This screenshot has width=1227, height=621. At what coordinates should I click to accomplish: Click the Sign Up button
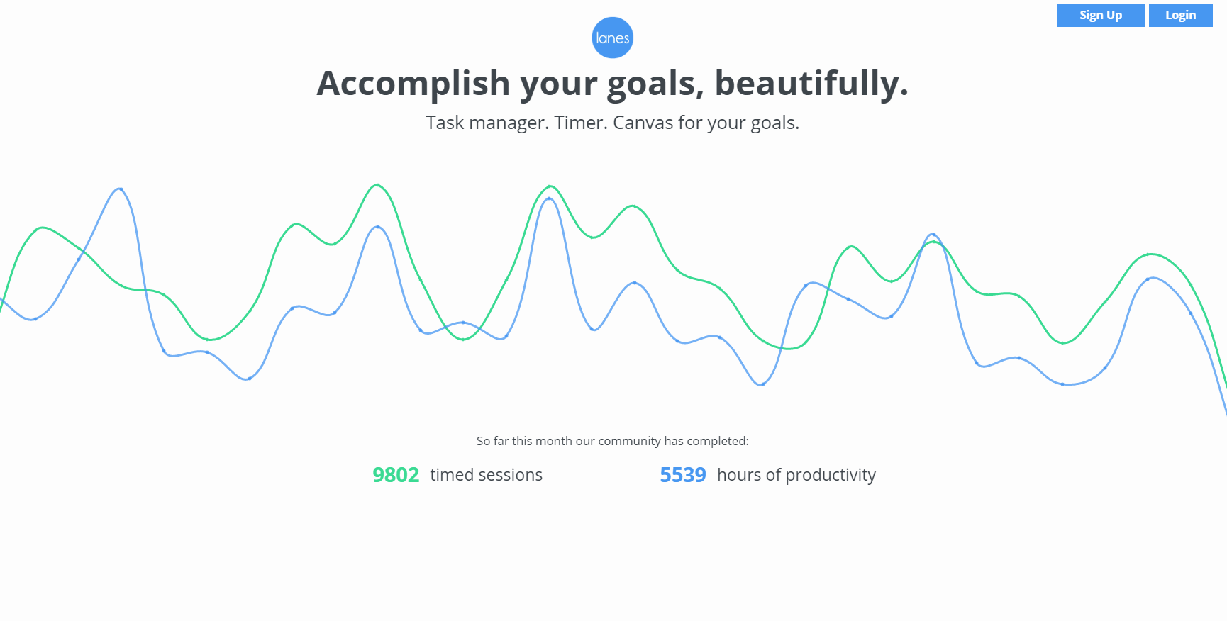point(1101,15)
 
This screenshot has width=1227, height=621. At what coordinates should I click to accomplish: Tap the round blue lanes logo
point(613,38)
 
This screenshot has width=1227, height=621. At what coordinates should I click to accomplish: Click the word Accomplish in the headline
point(413,84)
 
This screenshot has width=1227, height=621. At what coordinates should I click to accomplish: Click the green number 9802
point(396,475)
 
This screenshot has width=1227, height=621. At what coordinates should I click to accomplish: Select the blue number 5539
point(683,475)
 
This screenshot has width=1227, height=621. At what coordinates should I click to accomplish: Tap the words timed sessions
point(486,475)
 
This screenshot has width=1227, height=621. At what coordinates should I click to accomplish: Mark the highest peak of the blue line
point(121,189)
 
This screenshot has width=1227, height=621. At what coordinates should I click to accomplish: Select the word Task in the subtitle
point(445,123)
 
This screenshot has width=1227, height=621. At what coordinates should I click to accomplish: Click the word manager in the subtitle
point(509,123)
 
